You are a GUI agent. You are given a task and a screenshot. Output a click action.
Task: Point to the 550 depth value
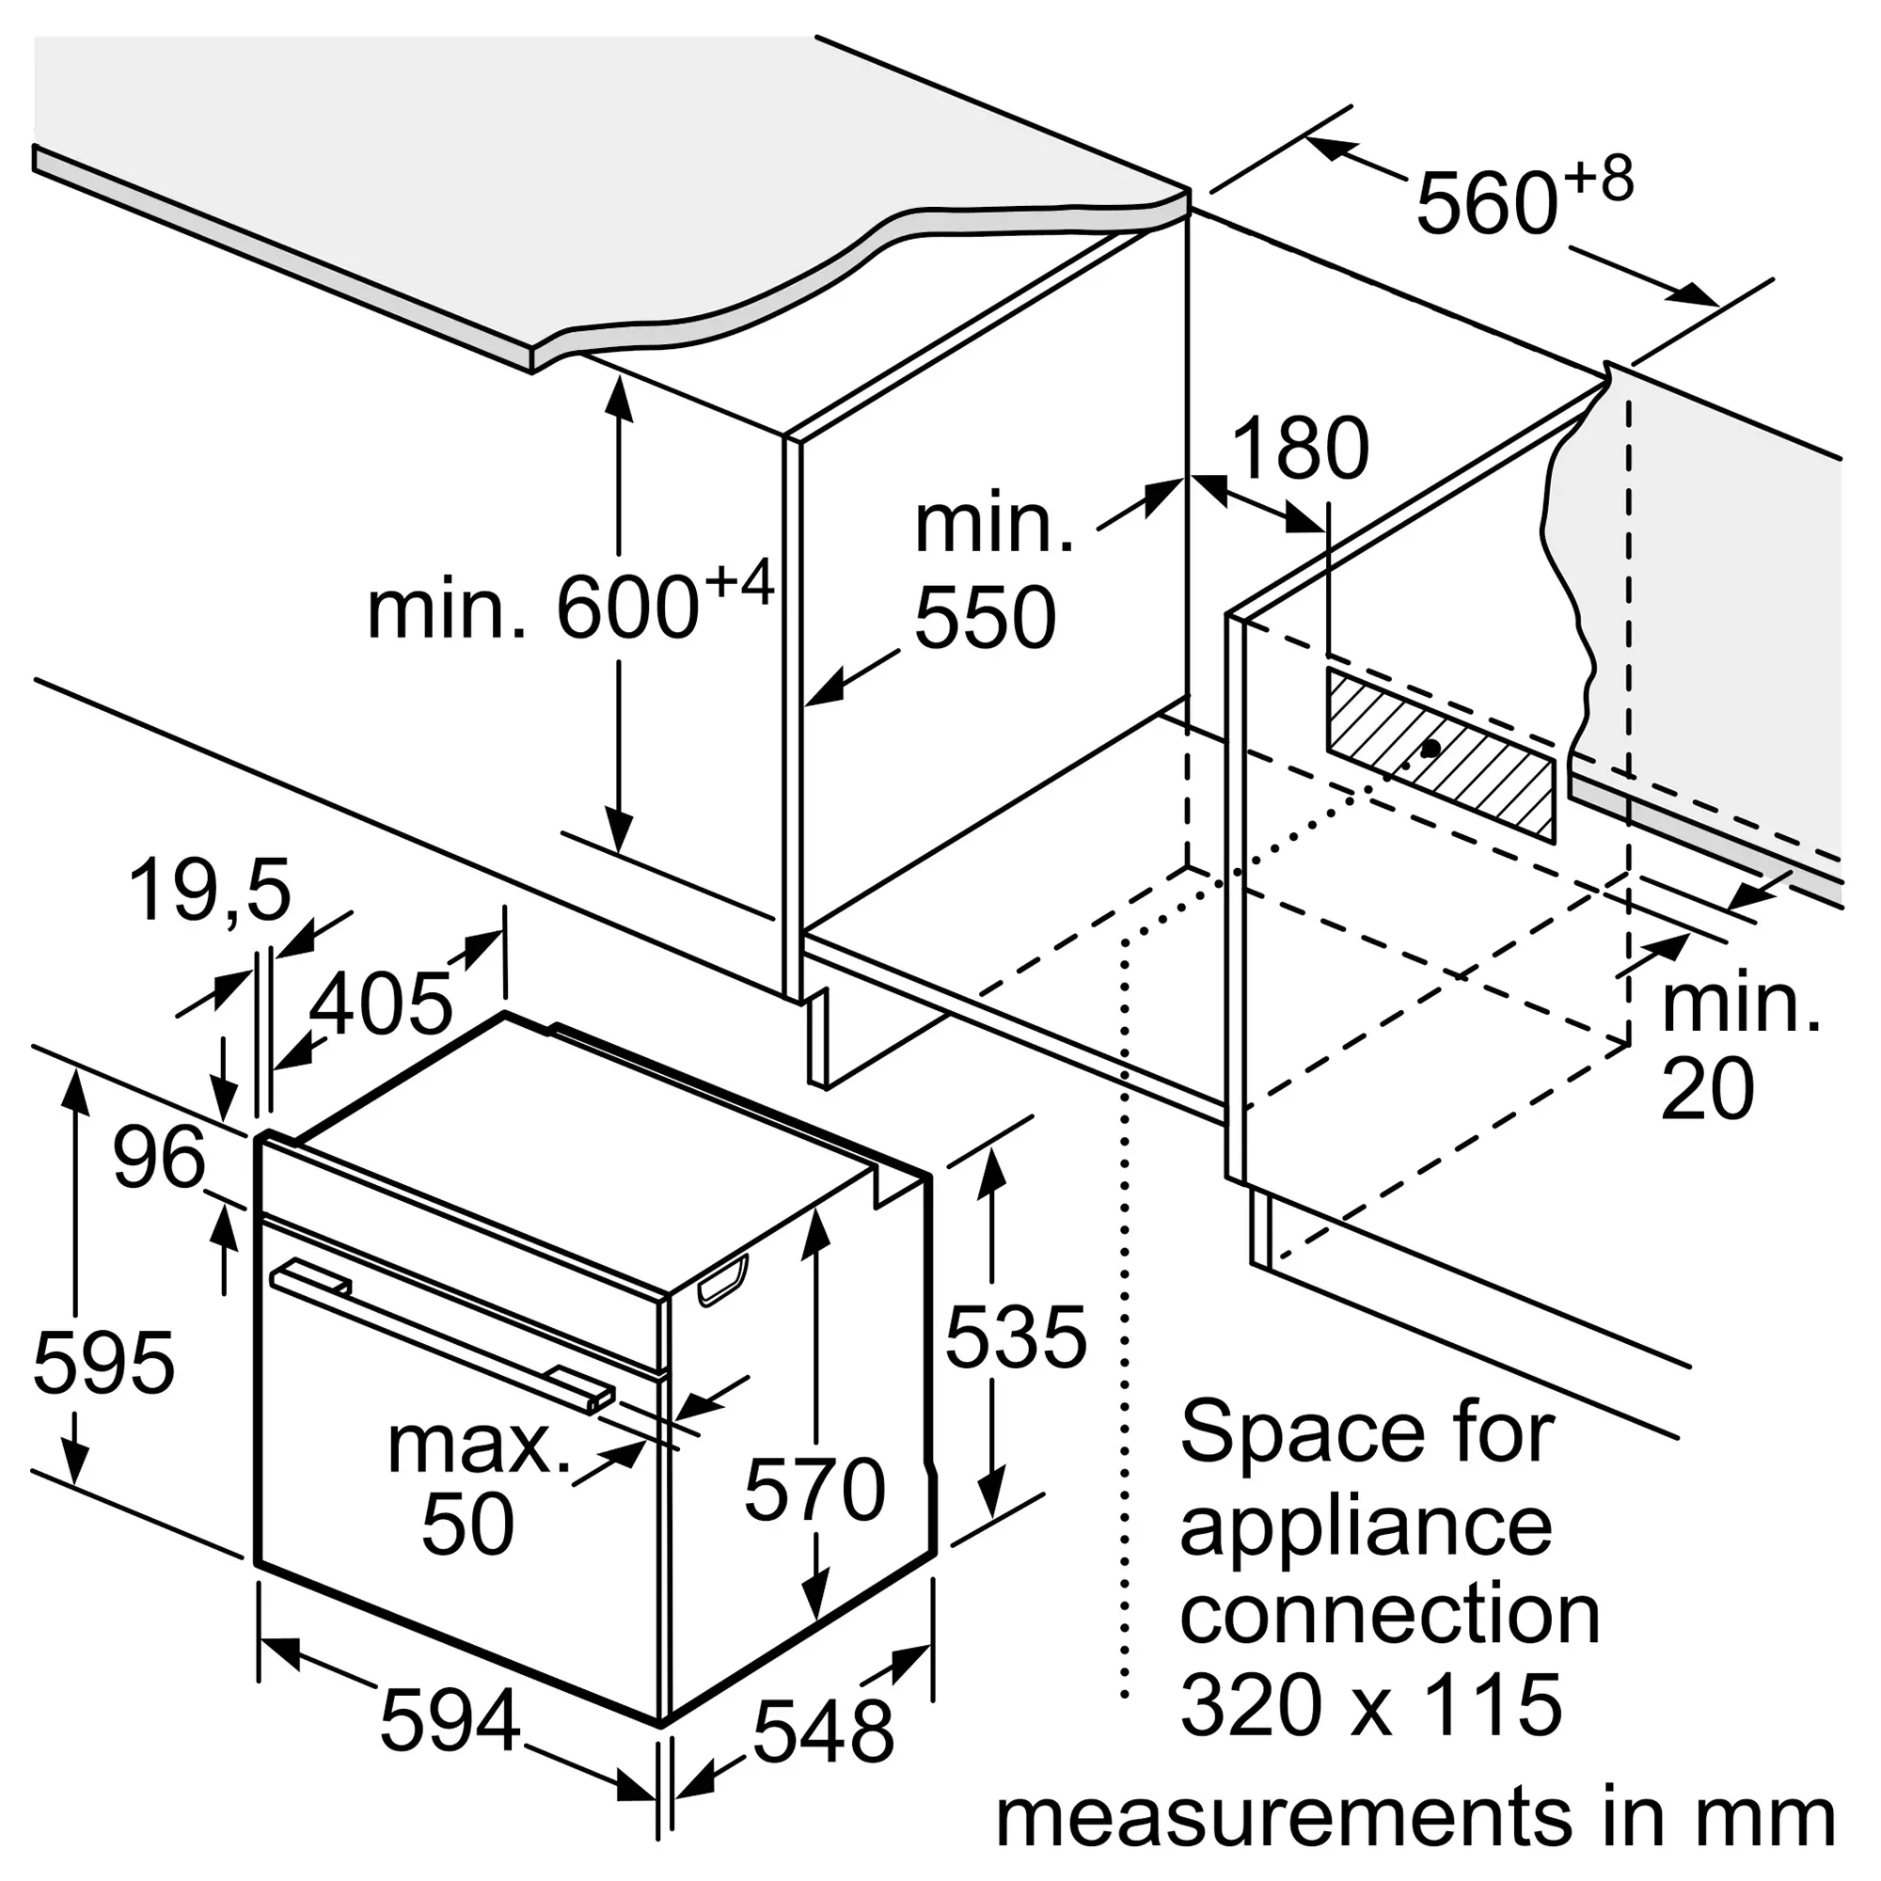986,617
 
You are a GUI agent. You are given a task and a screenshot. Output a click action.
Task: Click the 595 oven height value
104,1362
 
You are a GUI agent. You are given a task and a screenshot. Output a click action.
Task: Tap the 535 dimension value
1016,1336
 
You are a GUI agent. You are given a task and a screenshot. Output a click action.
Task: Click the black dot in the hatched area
1431,749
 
